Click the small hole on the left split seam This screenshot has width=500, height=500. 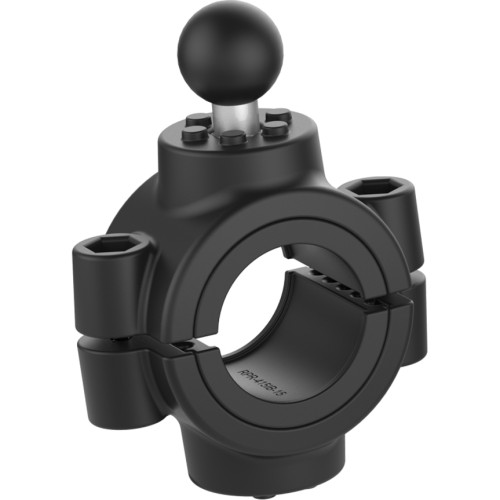(187, 347)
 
